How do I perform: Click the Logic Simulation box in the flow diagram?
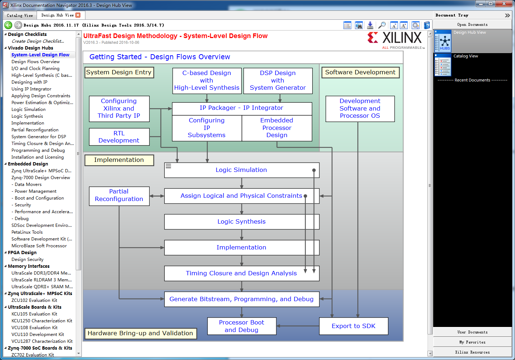(242, 170)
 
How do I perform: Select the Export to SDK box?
(354, 326)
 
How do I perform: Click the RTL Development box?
(119, 137)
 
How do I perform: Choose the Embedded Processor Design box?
(277, 128)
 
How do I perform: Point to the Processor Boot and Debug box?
(242, 326)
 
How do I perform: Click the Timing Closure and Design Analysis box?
(242, 273)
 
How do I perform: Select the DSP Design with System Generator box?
(278, 80)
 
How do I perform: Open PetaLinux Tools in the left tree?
(27, 232)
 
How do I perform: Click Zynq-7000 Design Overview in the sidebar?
(41, 177)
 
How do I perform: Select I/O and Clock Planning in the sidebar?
(36, 68)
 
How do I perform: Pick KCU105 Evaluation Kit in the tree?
(34, 314)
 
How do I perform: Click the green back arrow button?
(8, 25)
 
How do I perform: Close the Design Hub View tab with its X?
(78, 15)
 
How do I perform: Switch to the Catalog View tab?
(20, 15)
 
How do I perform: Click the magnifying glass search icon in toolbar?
(381, 25)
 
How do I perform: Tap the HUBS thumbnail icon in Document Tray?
(443, 41)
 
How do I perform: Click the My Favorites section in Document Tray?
(472, 342)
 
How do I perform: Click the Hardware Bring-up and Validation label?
(140, 333)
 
